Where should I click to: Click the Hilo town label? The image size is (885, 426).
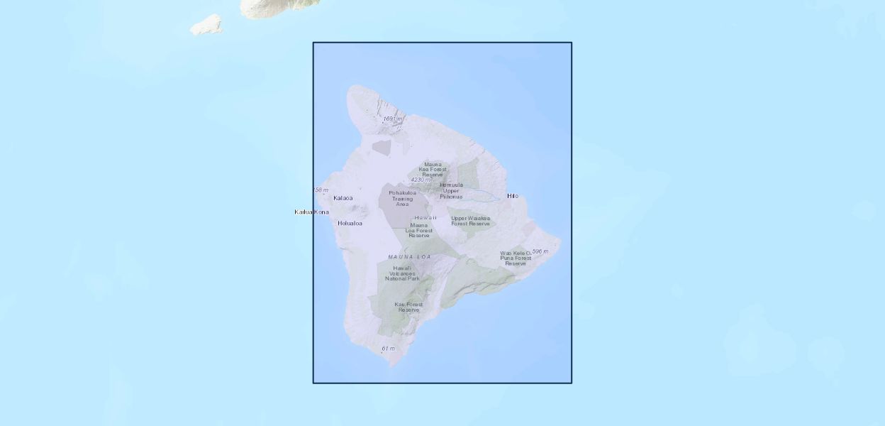(x=512, y=196)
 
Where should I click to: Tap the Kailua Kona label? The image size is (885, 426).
(x=311, y=212)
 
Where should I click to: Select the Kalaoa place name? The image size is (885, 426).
(x=343, y=198)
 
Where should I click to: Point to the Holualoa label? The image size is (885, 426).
(x=350, y=224)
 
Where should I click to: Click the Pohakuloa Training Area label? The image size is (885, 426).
(x=402, y=198)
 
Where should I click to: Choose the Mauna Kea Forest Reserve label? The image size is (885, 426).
(x=433, y=169)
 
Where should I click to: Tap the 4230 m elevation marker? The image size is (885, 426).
(x=421, y=180)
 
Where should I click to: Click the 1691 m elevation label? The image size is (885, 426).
(x=393, y=119)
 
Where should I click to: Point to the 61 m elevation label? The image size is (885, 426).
(x=388, y=349)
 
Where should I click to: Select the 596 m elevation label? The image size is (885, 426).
(x=540, y=251)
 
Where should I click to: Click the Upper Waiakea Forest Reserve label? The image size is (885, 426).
(x=470, y=221)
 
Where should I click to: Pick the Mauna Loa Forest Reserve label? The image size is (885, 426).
(x=419, y=230)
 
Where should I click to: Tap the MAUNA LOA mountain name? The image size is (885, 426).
(x=409, y=256)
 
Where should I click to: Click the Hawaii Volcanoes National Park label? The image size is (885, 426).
(x=402, y=273)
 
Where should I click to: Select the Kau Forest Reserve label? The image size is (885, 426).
(x=408, y=307)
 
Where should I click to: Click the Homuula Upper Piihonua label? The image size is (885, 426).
(x=451, y=190)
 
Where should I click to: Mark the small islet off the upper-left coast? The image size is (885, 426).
(x=206, y=26)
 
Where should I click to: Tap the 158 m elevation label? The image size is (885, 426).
(x=321, y=190)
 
